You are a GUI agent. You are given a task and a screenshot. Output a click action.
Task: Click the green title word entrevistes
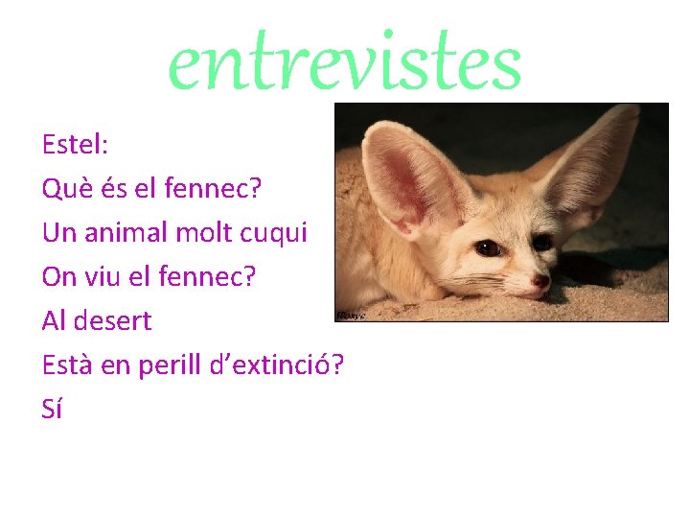[345, 64]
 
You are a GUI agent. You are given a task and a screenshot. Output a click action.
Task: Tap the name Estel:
[76, 145]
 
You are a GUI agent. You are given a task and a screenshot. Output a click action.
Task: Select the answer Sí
[53, 409]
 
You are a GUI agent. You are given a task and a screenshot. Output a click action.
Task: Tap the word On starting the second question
[57, 276]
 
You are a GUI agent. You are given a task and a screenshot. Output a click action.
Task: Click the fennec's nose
[541, 281]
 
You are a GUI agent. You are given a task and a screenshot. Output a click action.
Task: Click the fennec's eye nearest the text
[488, 247]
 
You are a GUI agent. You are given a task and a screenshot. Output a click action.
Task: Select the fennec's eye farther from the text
[542, 242]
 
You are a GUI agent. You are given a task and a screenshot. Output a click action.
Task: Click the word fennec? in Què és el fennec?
[213, 189]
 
